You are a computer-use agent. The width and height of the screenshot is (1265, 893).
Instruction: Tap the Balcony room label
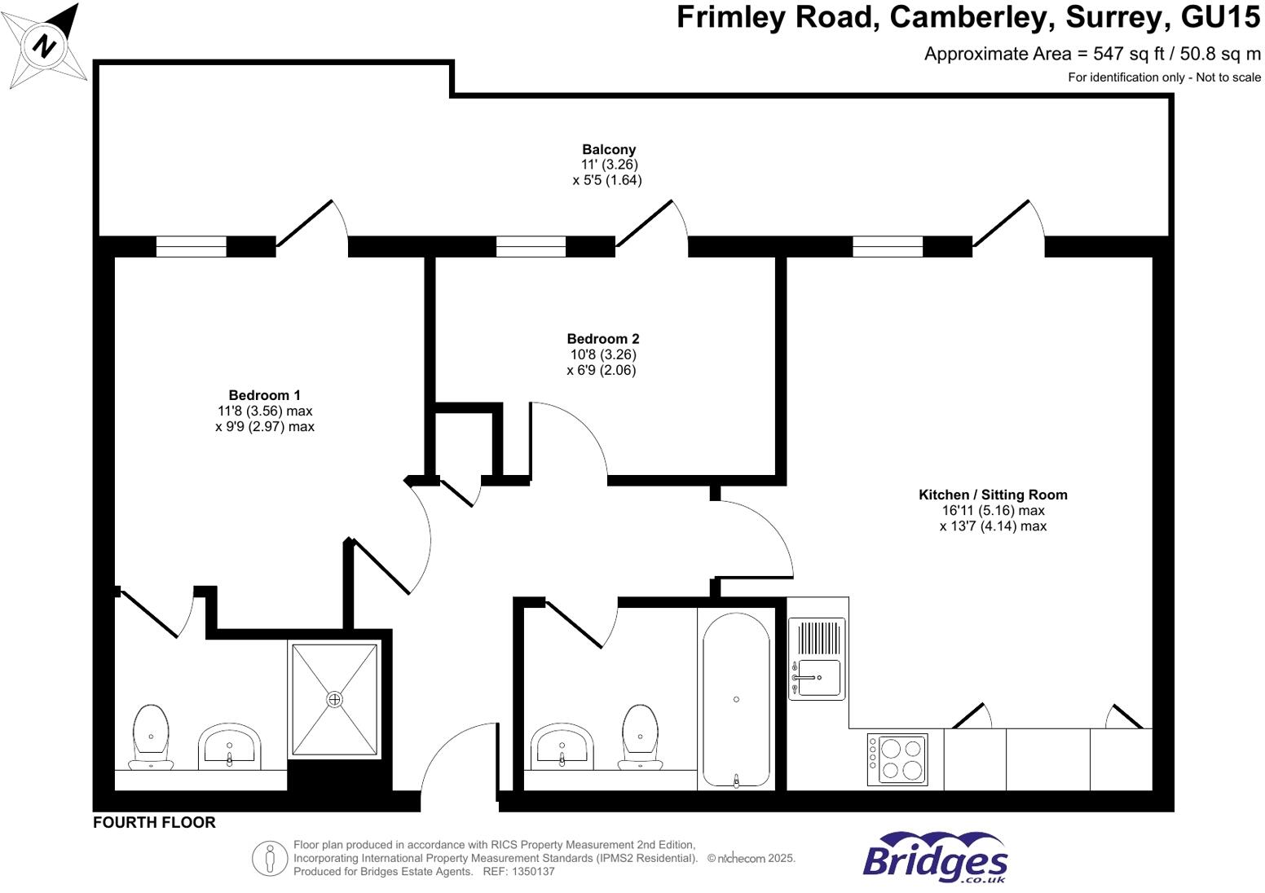pos(608,150)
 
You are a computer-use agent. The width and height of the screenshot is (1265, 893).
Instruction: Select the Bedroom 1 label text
pos(264,396)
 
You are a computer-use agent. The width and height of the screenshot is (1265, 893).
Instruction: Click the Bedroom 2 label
pos(602,339)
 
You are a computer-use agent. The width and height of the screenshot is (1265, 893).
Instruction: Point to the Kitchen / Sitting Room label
pos(992,495)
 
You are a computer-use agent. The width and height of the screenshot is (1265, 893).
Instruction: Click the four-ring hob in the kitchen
pos(897,759)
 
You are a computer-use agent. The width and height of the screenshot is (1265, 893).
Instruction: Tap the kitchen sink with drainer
pos(817,658)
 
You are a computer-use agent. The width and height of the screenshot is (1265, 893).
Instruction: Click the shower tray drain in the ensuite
pos(334,700)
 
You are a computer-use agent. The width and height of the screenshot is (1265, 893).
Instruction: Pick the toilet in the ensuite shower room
pos(151,737)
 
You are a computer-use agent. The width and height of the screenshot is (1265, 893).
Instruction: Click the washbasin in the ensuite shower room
pos(230,746)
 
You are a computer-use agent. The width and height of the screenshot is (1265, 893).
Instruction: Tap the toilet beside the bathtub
pos(640,737)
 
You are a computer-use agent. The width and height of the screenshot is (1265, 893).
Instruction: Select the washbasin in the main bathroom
pos(562,746)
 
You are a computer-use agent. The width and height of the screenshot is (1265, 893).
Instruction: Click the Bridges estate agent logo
pos(935,858)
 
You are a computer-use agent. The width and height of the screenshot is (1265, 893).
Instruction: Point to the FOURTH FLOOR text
pos(154,823)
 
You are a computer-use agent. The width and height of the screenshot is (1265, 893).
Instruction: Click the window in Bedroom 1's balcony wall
pos(191,246)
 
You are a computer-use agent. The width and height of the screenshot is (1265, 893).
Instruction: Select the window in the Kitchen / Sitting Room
pos(887,246)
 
